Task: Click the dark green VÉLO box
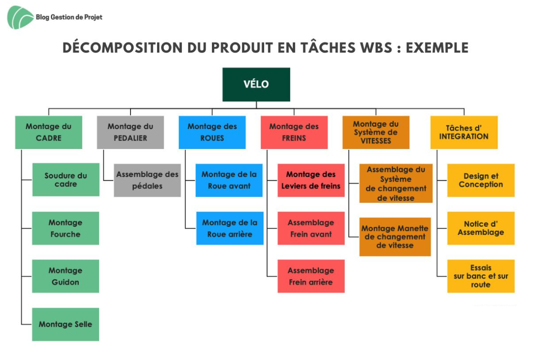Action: (256, 85)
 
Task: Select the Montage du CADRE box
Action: (49, 132)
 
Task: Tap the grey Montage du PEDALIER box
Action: (130, 132)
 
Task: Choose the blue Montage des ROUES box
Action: (212, 132)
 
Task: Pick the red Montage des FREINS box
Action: (294, 132)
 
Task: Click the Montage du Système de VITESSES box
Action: (376, 132)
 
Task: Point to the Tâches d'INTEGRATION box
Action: (464, 132)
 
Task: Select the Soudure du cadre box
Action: (66, 180)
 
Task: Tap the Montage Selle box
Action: (66, 324)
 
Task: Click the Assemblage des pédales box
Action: (147, 180)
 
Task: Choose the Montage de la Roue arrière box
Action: (230, 228)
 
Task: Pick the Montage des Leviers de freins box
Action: (311, 180)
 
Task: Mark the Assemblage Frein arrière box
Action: (311, 276)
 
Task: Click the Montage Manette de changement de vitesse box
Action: (395, 237)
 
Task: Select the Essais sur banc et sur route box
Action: (481, 276)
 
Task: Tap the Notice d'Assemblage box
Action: (481, 228)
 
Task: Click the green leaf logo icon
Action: (20, 18)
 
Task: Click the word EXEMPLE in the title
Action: (437, 48)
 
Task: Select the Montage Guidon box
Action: (66, 276)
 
